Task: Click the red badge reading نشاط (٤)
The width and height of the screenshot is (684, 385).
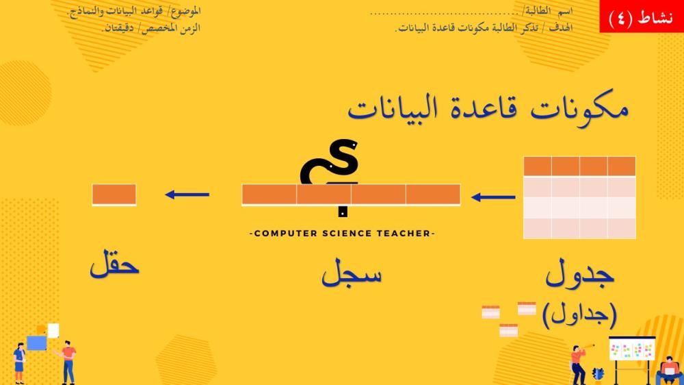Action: (642, 16)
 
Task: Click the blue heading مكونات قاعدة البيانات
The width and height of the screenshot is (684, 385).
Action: (488, 109)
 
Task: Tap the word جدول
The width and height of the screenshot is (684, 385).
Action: (580, 273)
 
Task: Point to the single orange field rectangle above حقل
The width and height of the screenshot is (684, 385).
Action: (114, 195)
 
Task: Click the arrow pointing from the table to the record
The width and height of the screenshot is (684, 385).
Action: (493, 197)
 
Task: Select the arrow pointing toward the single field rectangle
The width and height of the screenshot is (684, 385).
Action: (187, 195)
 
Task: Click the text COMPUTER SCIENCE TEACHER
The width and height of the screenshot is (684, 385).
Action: (342, 234)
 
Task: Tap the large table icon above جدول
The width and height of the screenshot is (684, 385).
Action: (579, 197)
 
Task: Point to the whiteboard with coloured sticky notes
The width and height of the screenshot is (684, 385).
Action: (631, 349)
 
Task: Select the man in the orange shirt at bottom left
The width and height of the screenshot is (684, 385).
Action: (68, 362)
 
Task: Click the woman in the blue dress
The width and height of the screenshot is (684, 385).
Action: (19, 363)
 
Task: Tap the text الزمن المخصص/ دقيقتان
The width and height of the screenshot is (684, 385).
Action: (151, 28)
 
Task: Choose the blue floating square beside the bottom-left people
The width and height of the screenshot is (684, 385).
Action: (37, 343)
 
